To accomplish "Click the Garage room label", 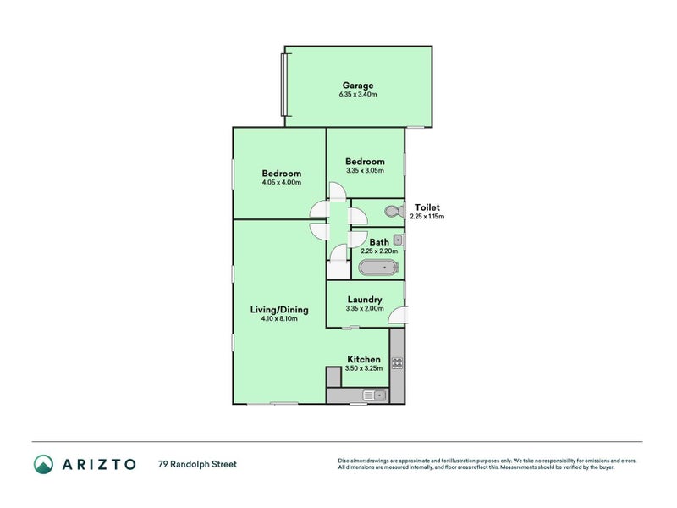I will coord(358,85).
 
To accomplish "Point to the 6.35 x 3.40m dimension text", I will coord(358,94).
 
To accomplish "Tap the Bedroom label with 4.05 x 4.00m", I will coord(281,174).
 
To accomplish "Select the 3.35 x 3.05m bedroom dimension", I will coord(365,170).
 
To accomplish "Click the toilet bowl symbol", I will coord(393,212).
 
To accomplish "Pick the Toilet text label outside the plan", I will coord(427,207).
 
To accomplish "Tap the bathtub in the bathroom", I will coord(377,268).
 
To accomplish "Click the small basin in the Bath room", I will coord(397,240).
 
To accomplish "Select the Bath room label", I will coord(379,242).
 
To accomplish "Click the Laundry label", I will coord(364,299).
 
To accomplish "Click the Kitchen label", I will coord(363,359).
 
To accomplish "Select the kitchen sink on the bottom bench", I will coord(373,395).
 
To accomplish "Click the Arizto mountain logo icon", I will coord(43,464).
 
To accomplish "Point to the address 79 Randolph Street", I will coord(197,464).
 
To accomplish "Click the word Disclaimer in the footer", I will coord(355,461).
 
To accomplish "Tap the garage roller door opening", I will coord(284,85).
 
